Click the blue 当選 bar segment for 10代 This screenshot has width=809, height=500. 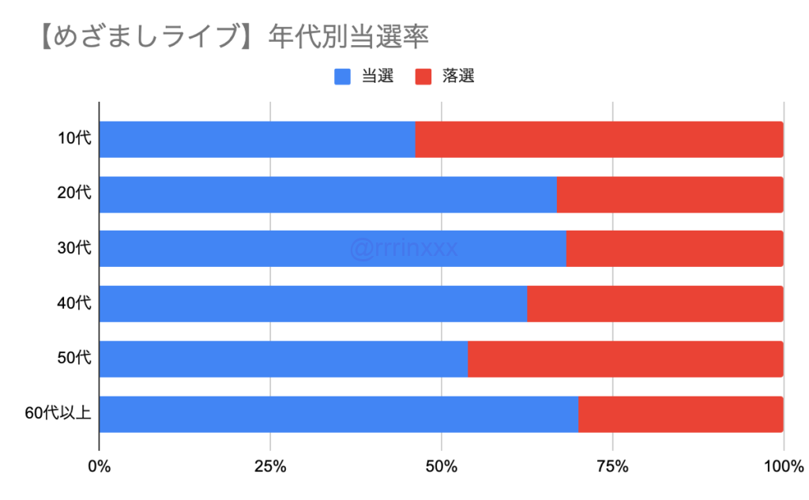[257, 139]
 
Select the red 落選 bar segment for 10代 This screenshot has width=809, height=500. [599, 139]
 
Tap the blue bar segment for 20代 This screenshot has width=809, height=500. [328, 194]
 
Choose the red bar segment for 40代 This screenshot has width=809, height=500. [655, 304]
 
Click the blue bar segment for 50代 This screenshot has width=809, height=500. [283, 359]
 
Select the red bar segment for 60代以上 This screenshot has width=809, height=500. [680, 414]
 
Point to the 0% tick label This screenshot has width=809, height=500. [99, 467]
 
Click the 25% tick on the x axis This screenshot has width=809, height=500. [270, 467]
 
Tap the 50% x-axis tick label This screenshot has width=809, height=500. [441, 467]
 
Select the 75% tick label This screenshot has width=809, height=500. [612, 467]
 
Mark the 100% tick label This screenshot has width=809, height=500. [783, 467]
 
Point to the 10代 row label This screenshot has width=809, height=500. [75, 139]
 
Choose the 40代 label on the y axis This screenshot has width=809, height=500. [75, 304]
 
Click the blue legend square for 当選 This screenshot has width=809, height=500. [343, 77]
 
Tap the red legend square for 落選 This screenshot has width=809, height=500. [423, 77]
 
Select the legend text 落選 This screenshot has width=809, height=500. [459, 77]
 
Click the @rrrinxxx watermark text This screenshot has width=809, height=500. [404, 250]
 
